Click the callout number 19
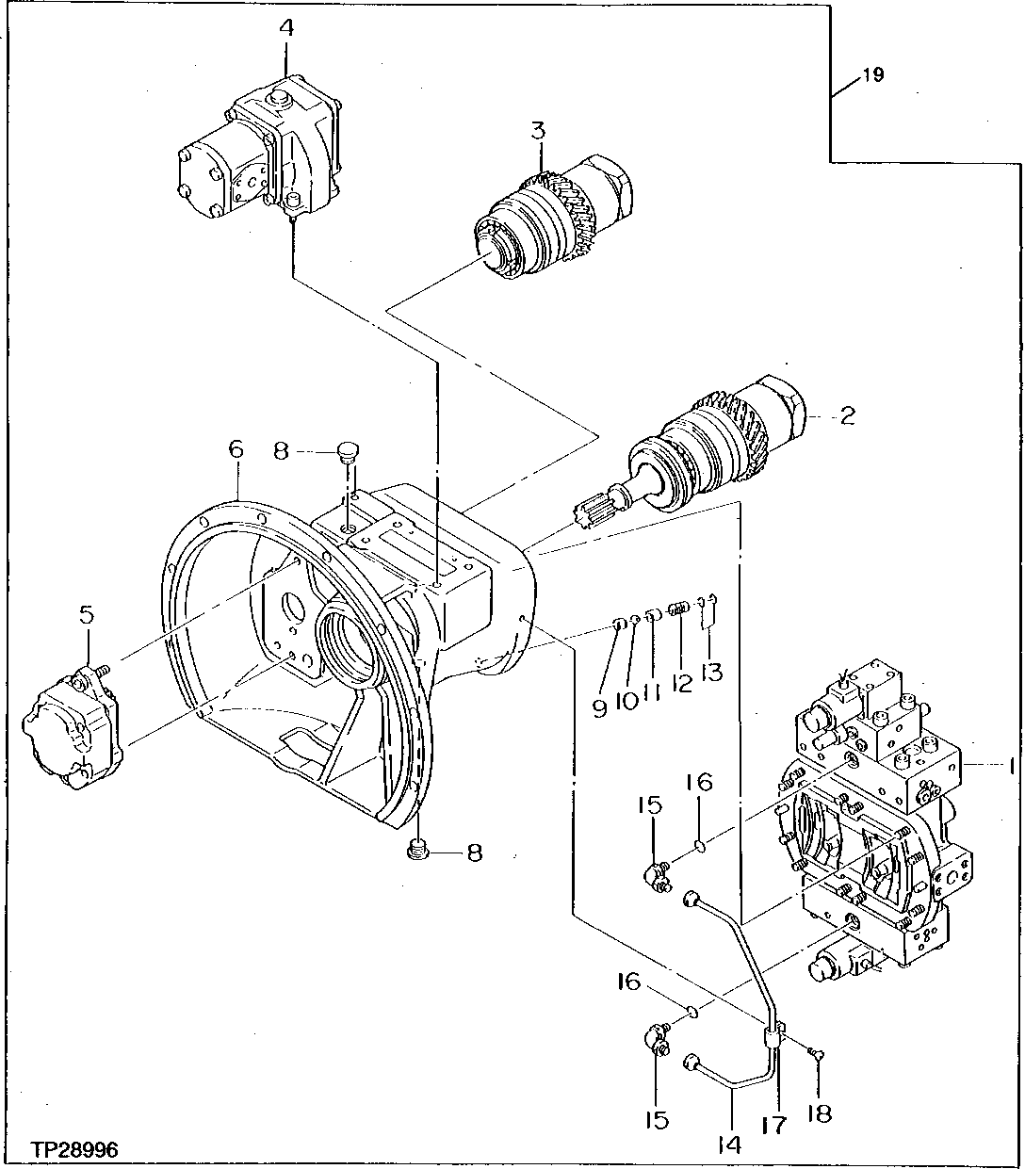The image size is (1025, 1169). click(873, 75)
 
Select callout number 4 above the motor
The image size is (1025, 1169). click(285, 27)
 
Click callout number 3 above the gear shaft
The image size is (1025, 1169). click(537, 131)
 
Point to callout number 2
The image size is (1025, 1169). click(847, 414)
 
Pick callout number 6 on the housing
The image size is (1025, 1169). click(236, 449)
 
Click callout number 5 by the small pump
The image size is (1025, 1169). click(87, 615)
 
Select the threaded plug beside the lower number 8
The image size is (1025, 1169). click(417, 852)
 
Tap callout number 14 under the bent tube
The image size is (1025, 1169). click(729, 1145)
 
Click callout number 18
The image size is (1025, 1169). click(819, 1114)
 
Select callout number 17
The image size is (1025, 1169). click(773, 1125)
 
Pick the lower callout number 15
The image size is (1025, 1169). click(657, 1120)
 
